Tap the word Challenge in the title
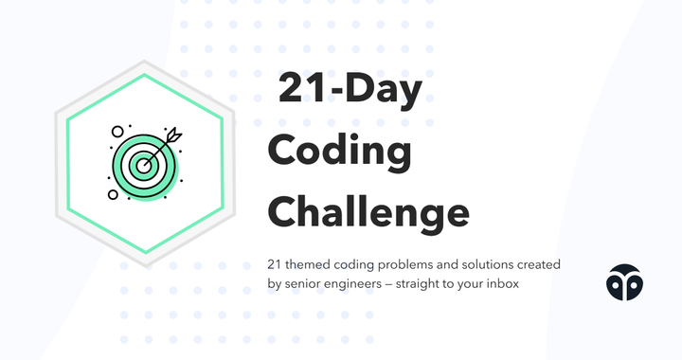pyautogui.click(x=368, y=210)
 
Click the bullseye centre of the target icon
pyautogui.click(x=144, y=165)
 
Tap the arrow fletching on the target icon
pyautogui.click(x=171, y=136)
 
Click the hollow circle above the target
pyautogui.click(x=117, y=132)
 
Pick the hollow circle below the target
pyautogui.click(x=114, y=195)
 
